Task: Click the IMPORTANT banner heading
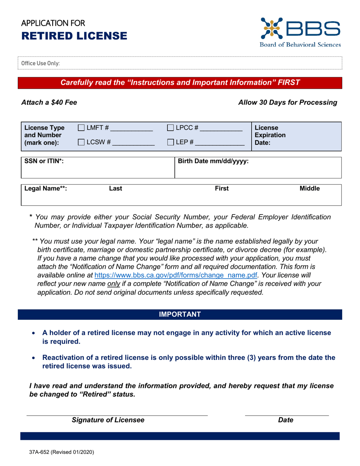(180, 314)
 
